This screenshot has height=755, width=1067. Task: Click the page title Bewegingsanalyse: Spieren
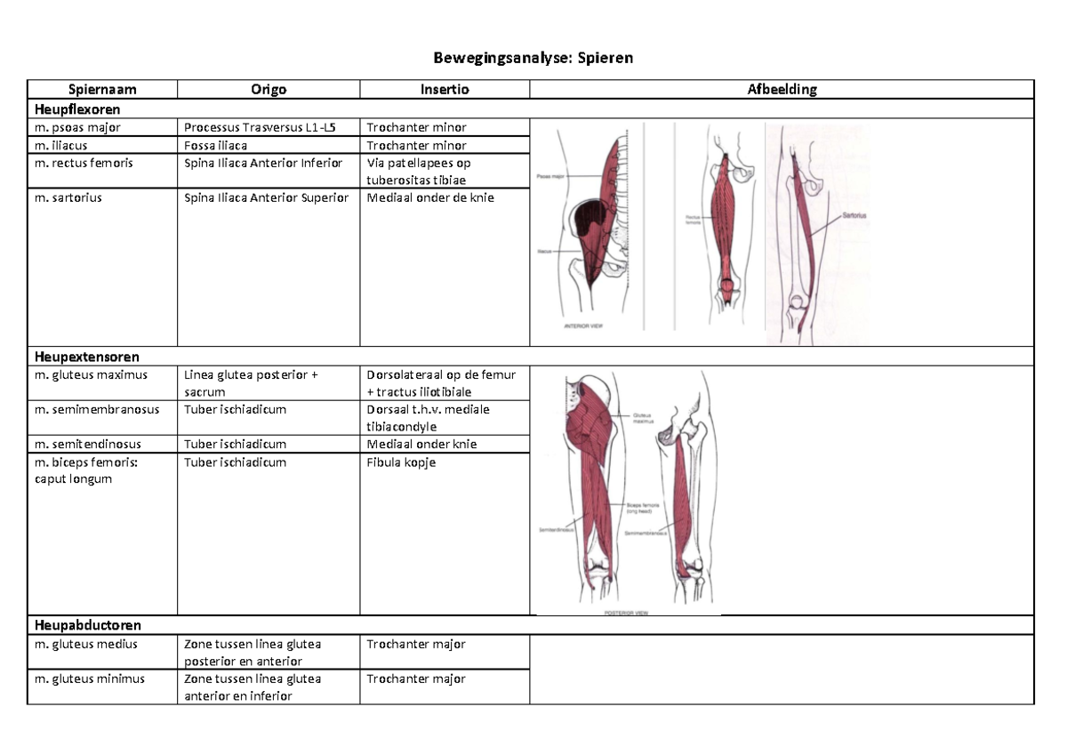[x=533, y=59]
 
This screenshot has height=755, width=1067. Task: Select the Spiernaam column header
[x=102, y=89]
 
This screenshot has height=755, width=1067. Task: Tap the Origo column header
[x=269, y=89]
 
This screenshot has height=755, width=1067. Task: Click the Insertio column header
[x=445, y=89]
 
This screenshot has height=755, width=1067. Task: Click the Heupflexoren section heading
[x=77, y=108]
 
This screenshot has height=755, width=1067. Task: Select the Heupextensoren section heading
[x=86, y=357]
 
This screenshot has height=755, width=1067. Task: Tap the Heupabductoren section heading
[x=87, y=626]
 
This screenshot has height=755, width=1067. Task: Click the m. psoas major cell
[x=77, y=127]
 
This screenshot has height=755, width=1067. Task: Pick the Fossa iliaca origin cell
[x=216, y=145]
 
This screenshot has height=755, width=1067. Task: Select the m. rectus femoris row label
[x=84, y=163]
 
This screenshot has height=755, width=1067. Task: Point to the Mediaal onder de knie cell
[x=430, y=197]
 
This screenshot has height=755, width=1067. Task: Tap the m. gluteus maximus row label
[x=91, y=374]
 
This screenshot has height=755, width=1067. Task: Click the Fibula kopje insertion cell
[x=401, y=462]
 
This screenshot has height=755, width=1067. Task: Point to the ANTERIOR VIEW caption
[x=583, y=326]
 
